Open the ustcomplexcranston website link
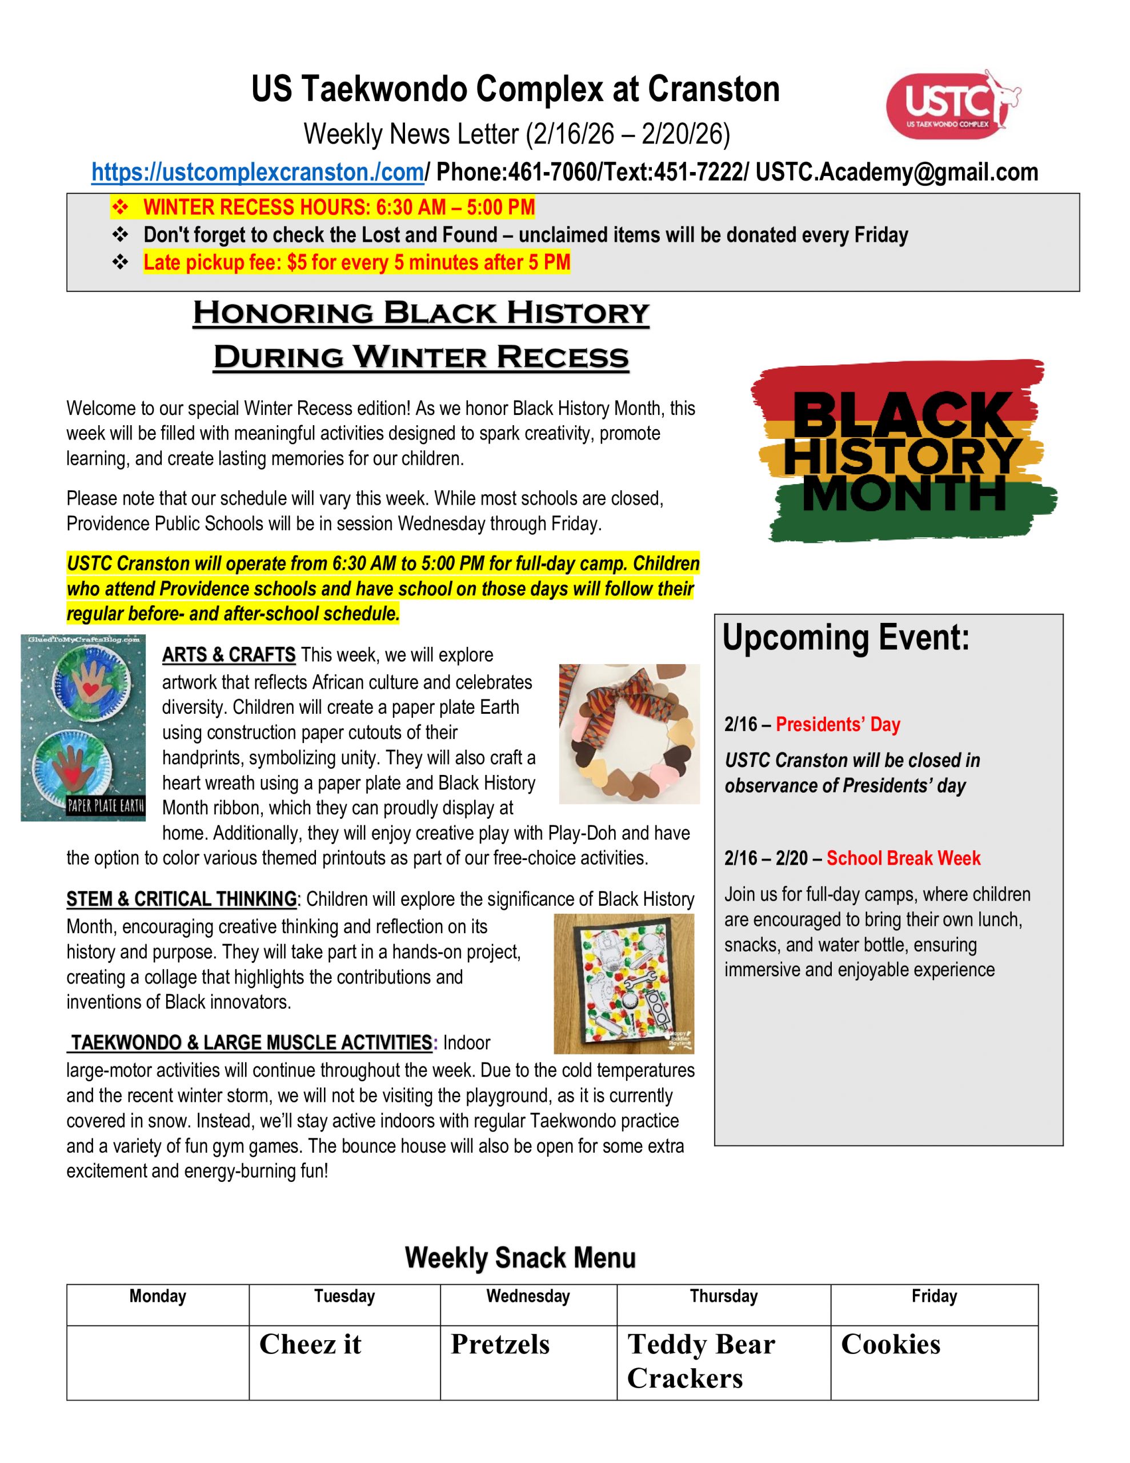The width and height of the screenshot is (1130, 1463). coord(258,172)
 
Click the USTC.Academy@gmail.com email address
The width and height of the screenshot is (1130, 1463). coord(897,172)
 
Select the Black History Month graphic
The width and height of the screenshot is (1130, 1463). coord(903,451)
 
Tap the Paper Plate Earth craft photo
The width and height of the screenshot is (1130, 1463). coord(83,727)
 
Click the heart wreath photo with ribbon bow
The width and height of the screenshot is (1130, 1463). coord(629,734)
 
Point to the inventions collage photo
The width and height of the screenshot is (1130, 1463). coord(624,984)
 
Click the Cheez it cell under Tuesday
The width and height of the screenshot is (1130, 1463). coord(344,1362)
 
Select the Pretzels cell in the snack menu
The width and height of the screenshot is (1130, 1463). coord(528,1362)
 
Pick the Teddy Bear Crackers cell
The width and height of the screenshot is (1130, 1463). coord(723,1362)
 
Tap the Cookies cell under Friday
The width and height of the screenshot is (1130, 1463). coord(933,1362)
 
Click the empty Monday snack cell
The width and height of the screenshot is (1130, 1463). coord(158,1362)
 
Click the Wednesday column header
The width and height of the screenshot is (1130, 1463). coord(528,1296)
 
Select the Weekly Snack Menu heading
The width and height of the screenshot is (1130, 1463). coord(520,1257)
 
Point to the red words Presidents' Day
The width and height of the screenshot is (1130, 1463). coord(838,724)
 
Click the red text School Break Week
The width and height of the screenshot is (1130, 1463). coord(903,858)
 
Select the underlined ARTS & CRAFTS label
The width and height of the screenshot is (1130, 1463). coord(229,654)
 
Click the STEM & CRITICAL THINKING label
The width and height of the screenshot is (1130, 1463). coord(181,899)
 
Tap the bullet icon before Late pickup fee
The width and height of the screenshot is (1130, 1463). coord(121,262)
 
